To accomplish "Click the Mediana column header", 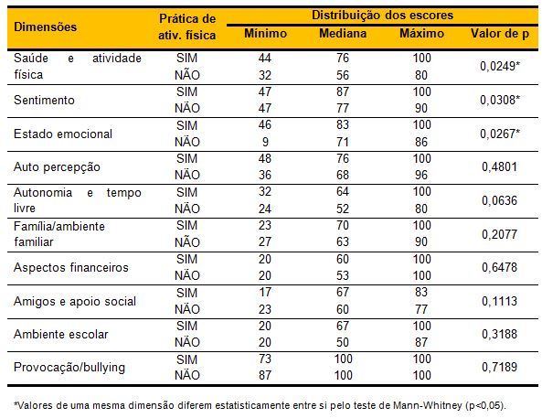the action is point(343,34).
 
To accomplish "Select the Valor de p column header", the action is point(500,34).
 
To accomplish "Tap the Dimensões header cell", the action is point(46,27).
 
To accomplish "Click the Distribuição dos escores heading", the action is point(382,16).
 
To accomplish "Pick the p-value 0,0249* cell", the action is point(500,66).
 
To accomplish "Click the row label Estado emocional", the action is point(63,134).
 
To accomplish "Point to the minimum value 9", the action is point(265,142).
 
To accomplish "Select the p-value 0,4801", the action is point(499,166).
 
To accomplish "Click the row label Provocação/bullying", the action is point(69,367).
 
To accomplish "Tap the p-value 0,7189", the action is point(499,367).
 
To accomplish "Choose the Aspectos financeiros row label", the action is point(71,267).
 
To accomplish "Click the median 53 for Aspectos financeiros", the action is point(343,275).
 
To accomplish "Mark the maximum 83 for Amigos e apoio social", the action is point(421,292).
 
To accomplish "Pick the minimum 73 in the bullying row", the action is point(265,359).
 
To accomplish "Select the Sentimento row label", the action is point(44,100).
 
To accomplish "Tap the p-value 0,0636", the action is point(499,200).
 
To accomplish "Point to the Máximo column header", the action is point(421,34).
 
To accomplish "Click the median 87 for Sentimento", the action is point(343,91).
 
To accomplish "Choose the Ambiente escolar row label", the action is point(61,334).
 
